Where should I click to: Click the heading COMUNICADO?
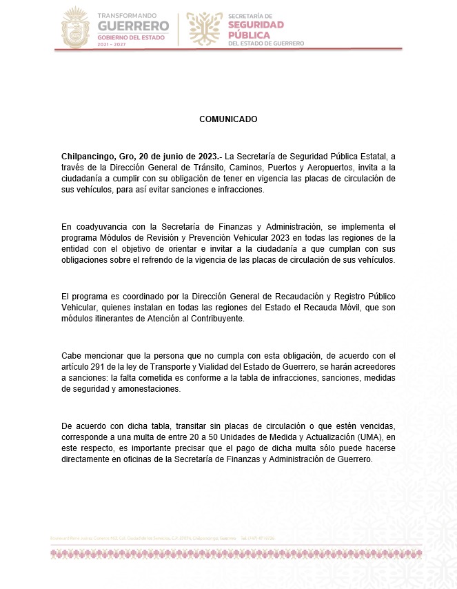point(228,119)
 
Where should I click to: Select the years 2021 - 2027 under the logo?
point(113,43)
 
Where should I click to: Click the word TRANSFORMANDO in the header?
point(127,14)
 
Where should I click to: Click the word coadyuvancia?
point(98,226)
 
